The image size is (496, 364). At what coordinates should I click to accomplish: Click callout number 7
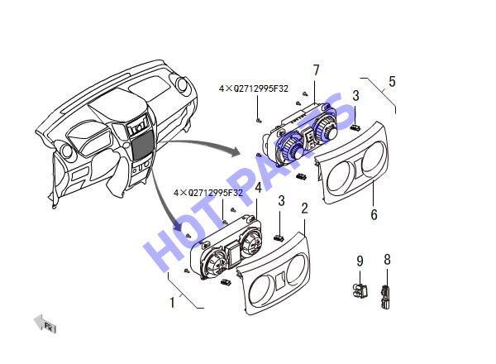click(316, 70)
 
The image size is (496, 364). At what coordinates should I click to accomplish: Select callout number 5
click(392, 81)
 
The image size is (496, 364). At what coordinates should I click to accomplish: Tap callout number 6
click(374, 214)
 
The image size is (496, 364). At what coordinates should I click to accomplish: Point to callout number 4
click(259, 188)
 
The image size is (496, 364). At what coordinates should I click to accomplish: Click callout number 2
click(304, 208)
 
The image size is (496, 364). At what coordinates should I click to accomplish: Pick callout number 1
click(172, 303)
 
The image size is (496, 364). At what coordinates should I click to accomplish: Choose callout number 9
click(360, 261)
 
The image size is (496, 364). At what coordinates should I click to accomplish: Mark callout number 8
click(387, 260)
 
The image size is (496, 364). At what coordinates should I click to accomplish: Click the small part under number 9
click(360, 290)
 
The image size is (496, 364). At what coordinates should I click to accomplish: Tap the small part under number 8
click(385, 296)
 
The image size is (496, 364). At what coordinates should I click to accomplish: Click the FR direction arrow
click(45, 323)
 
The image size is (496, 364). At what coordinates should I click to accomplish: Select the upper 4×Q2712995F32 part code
click(254, 89)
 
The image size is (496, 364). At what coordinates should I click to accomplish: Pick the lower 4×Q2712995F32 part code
click(207, 193)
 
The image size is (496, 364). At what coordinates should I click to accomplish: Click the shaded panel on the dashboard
click(142, 146)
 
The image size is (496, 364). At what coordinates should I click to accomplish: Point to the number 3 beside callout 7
click(355, 96)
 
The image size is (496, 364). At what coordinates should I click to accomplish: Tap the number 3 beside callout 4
click(281, 201)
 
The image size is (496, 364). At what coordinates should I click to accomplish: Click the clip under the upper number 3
click(355, 127)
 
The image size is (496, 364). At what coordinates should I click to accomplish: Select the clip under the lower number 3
click(279, 237)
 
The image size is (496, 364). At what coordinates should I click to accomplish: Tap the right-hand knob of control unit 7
click(326, 127)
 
